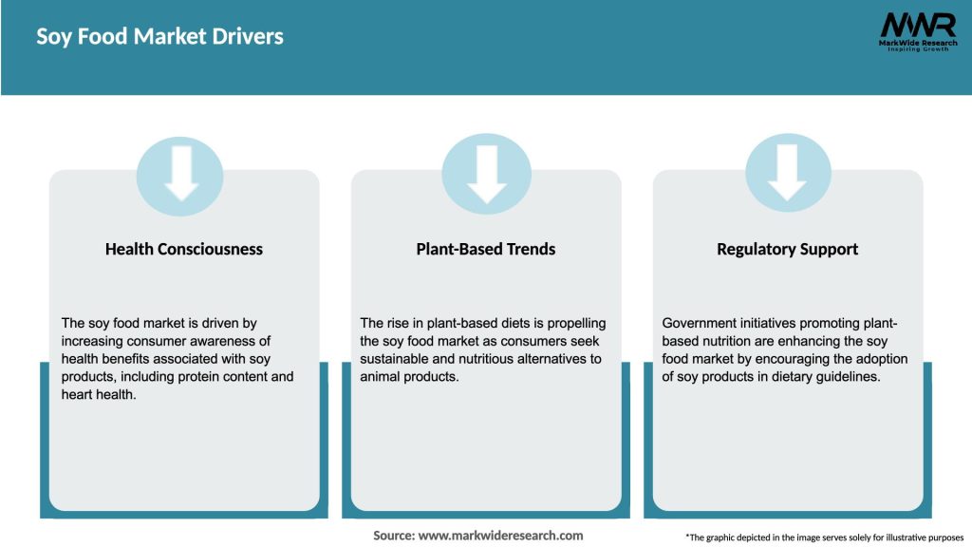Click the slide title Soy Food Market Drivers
[x=159, y=37]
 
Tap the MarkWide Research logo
[x=917, y=31]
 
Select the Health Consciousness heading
[x=184, y=249]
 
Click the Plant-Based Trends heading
[x=486, y=249]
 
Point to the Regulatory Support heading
[x=787, y=249]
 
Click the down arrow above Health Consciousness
[x=181, y=175]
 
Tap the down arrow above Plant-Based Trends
[x=487, y=175]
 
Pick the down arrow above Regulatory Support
[x=788, y=175]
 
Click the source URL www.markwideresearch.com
[x=500, y=536]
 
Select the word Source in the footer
[x=393, y=536]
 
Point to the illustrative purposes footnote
[x=824, y=538]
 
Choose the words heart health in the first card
[x=98, y=394]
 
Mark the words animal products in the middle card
[x=408, y=376]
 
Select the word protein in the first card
[x=219, y=376]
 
